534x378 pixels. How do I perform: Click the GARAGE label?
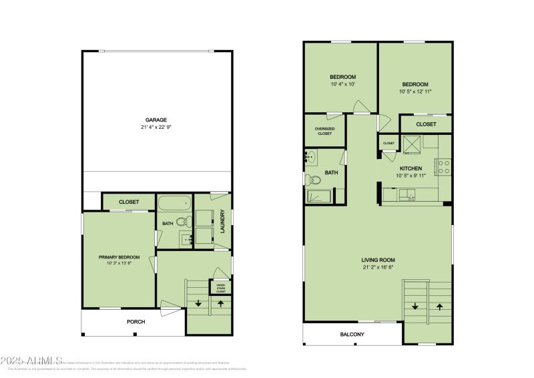coord(156,120)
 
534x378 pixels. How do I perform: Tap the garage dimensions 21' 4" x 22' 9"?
coord(156,128)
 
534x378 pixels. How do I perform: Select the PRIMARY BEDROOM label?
coord(119,257)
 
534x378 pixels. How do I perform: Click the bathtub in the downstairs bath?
coord(174,203)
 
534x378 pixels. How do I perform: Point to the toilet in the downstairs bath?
coord(188,222)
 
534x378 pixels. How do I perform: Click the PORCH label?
coord(136,322)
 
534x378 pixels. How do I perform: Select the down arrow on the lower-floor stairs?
coord(198,303)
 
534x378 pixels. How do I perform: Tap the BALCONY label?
coord(352,335)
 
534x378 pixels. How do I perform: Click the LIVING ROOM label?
coord(378,260)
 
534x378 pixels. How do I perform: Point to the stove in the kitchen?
coord(443,166)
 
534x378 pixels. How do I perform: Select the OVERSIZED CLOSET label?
coord(325,130)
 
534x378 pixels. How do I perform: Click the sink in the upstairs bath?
coord(312,158)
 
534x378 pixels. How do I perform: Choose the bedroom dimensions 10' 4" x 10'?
coord(342,85)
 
